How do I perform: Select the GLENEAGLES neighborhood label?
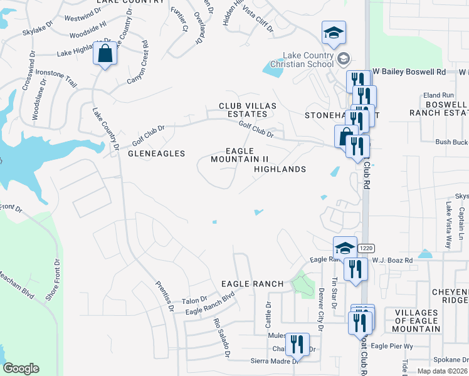coord(156,154)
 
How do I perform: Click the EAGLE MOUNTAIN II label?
coord(239,155)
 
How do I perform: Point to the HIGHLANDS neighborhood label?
coord(280,169)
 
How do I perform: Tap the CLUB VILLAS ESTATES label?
coord(243,110)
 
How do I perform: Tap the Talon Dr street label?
coord(194,300)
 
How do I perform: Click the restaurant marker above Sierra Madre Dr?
coord(298,344)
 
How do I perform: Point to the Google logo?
coord(21,368)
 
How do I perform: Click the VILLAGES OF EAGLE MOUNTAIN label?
coord(416,320)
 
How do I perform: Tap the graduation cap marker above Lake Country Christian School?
coord(334,33)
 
